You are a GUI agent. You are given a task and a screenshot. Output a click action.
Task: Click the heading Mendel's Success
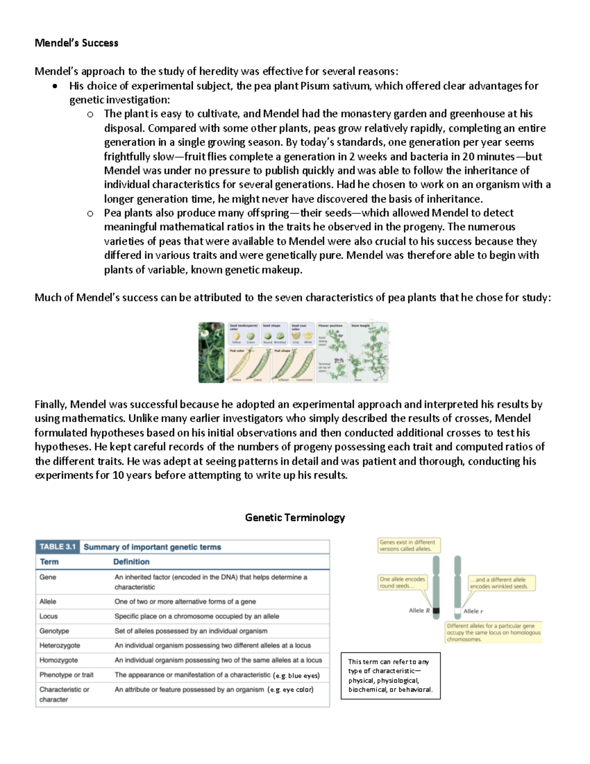click(76, 43)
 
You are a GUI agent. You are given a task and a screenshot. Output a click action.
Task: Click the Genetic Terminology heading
click(295, 517)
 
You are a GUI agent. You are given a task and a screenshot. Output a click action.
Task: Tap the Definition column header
click(131, 561)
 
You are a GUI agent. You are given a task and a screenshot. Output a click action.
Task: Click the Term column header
click(49, 561)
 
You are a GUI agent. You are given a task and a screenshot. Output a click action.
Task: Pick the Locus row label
click(49, 616)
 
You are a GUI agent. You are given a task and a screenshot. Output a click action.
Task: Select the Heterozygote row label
click(59, 646)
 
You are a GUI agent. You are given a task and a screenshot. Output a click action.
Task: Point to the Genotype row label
click(54, 631)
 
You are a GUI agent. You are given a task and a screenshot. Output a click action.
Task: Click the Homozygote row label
click(59, 660)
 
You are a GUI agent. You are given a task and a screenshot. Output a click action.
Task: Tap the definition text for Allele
click(185, 601)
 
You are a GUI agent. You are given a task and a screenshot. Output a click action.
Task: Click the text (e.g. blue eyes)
click(296, 676)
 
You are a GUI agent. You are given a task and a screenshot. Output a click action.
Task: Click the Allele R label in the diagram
click(419, 611)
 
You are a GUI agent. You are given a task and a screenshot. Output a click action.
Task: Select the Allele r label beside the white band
click(473, 611)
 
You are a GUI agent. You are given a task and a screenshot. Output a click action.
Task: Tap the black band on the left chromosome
click(436, 611)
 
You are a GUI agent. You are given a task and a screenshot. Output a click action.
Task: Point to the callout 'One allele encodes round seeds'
click(402, 583)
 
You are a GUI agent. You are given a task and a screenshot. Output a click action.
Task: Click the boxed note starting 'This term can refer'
click(390, 676)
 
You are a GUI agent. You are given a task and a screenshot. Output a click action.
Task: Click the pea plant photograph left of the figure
click(211, 353)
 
